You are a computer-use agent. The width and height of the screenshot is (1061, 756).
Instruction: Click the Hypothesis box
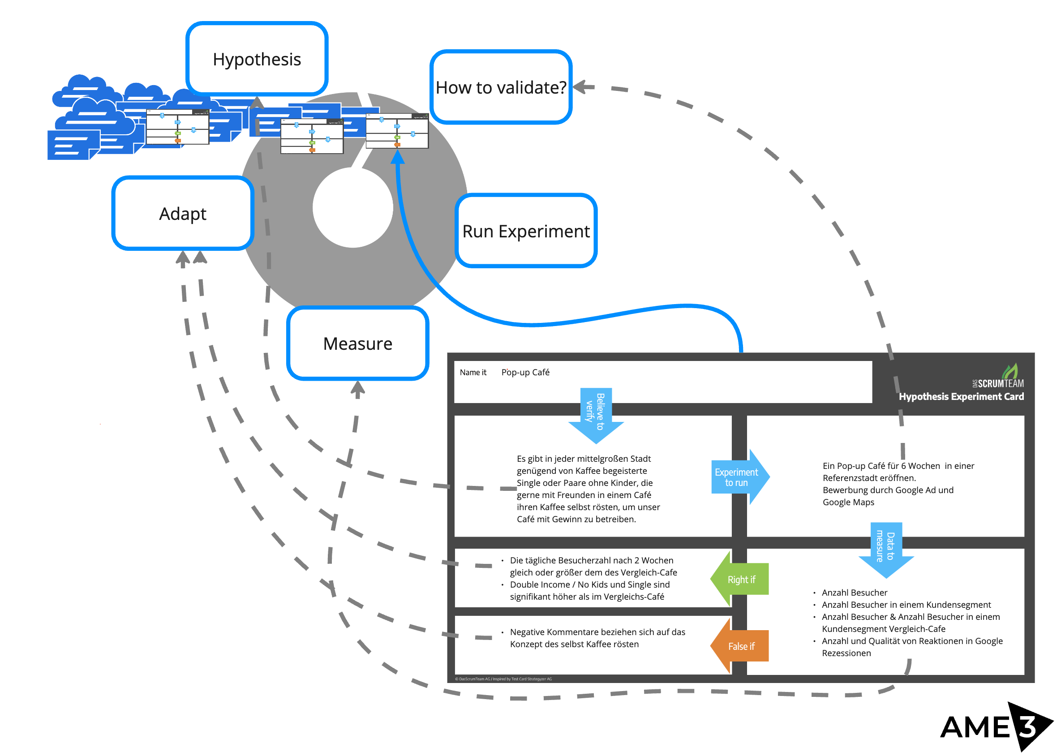tap(257, 59)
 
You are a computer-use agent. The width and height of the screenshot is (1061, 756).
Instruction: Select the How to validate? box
tap(501, 87)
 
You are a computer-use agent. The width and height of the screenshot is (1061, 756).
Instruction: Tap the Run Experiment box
tap(526, 232)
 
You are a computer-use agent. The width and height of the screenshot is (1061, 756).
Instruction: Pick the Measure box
tap(357, 344)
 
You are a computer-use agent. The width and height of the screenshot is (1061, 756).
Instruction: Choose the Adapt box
tap(182, 214)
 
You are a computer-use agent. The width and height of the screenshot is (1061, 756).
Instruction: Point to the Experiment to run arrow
tap(738, 477)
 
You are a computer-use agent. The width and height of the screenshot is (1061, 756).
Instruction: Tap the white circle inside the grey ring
tap(352, 208)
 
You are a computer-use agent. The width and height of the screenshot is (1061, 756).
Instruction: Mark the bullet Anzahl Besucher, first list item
tap(854, 593)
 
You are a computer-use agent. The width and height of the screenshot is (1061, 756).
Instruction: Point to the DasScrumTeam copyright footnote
tap(503, 679)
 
